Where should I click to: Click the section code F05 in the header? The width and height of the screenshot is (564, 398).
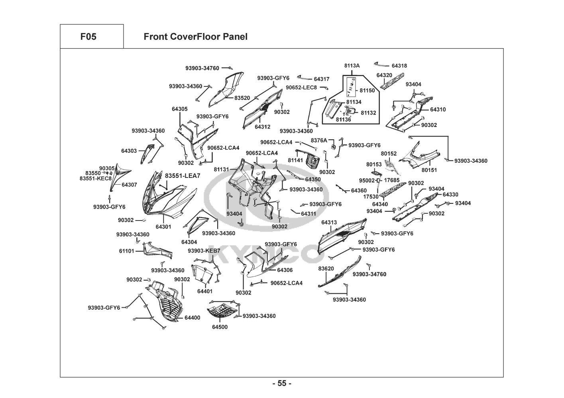pos(88,37)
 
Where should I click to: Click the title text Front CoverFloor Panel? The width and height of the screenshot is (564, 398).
pos(195,37)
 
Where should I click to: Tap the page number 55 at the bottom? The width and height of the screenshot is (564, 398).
pos(282,384)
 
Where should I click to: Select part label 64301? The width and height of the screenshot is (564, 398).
pos(163,227)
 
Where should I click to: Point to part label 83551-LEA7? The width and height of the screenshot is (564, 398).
pos(183,176)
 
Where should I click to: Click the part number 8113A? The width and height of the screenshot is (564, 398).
pos(352,66)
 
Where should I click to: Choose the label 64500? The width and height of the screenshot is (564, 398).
pos(220,327)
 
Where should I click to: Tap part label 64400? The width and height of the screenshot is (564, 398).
pos(193,318)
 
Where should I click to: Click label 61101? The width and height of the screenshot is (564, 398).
pos(126,251)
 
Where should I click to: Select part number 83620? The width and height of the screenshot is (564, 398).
pos(326,269)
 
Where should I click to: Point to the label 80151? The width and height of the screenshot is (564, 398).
pos(429,170)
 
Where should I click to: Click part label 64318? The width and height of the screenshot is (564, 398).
pos(399,66)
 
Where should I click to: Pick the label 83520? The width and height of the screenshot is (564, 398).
pos(242,98)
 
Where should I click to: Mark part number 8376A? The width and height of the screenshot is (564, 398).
pos(319,140)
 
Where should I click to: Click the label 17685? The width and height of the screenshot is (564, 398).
pos(392,180)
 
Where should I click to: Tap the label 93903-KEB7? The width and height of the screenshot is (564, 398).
pos(204,251)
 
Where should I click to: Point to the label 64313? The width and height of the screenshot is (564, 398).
pos(329,222)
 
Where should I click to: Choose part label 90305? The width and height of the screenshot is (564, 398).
pos(107,168)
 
